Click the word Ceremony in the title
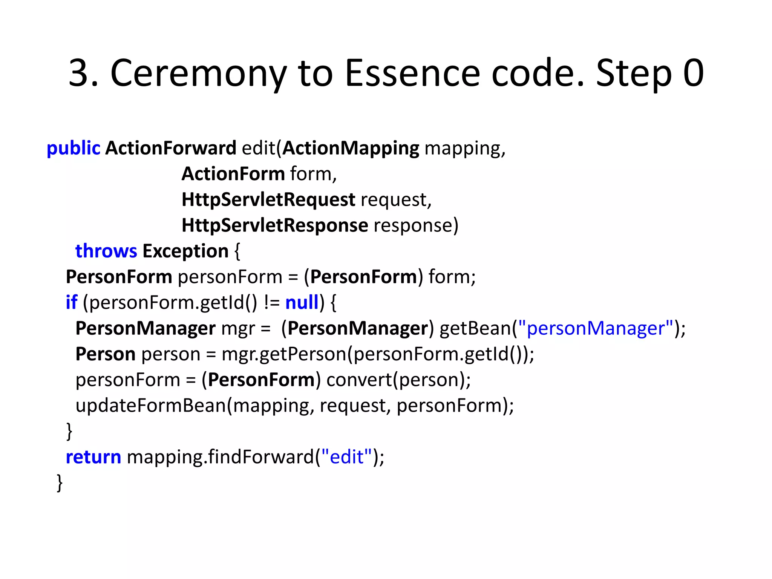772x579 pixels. coord(198,73)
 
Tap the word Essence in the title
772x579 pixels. coord(412,73)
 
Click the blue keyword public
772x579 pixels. coord(73,148)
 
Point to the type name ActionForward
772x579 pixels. coord(170,148)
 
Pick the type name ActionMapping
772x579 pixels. coord(351,148)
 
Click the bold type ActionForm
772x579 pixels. coord(233,174)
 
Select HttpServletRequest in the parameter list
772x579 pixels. coord(268,199)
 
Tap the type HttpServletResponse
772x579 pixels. coord(274,225)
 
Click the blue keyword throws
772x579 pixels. coord(106,251)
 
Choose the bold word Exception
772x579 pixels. coord(185,251)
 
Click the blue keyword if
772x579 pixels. coord(71,302)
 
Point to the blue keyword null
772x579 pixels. coord(302,302)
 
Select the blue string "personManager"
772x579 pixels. coord(596,328)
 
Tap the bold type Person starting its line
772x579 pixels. coord(105,354)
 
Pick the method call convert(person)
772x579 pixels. coord(398,380)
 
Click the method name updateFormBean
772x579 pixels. coord(150,406)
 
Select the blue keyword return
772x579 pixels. coord(93,457)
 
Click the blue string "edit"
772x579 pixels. coord(346,457)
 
